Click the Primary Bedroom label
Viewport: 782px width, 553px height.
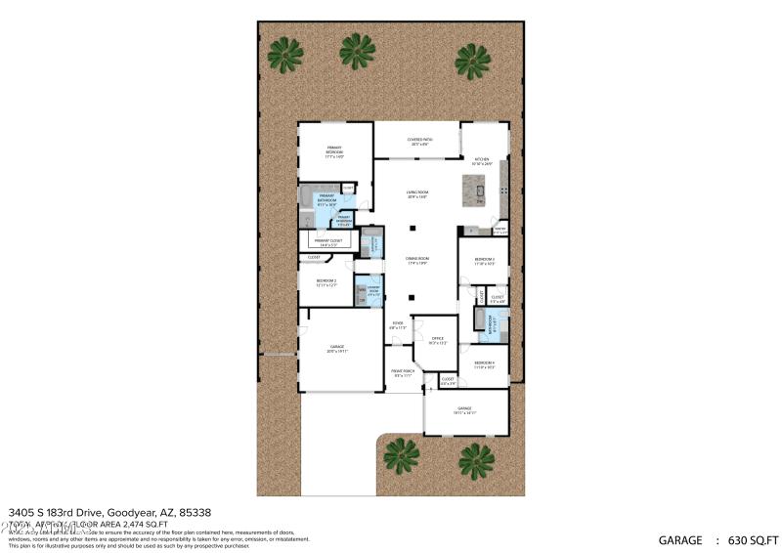334,151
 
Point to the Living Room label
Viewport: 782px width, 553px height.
418,194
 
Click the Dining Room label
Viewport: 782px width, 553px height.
418,261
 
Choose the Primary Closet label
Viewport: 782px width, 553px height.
327,240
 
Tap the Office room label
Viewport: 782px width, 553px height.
437,340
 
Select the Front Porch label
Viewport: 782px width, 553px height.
403,373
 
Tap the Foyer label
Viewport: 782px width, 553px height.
398,325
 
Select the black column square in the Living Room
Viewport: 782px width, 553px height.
413,228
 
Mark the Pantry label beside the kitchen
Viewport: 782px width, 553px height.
500,232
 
